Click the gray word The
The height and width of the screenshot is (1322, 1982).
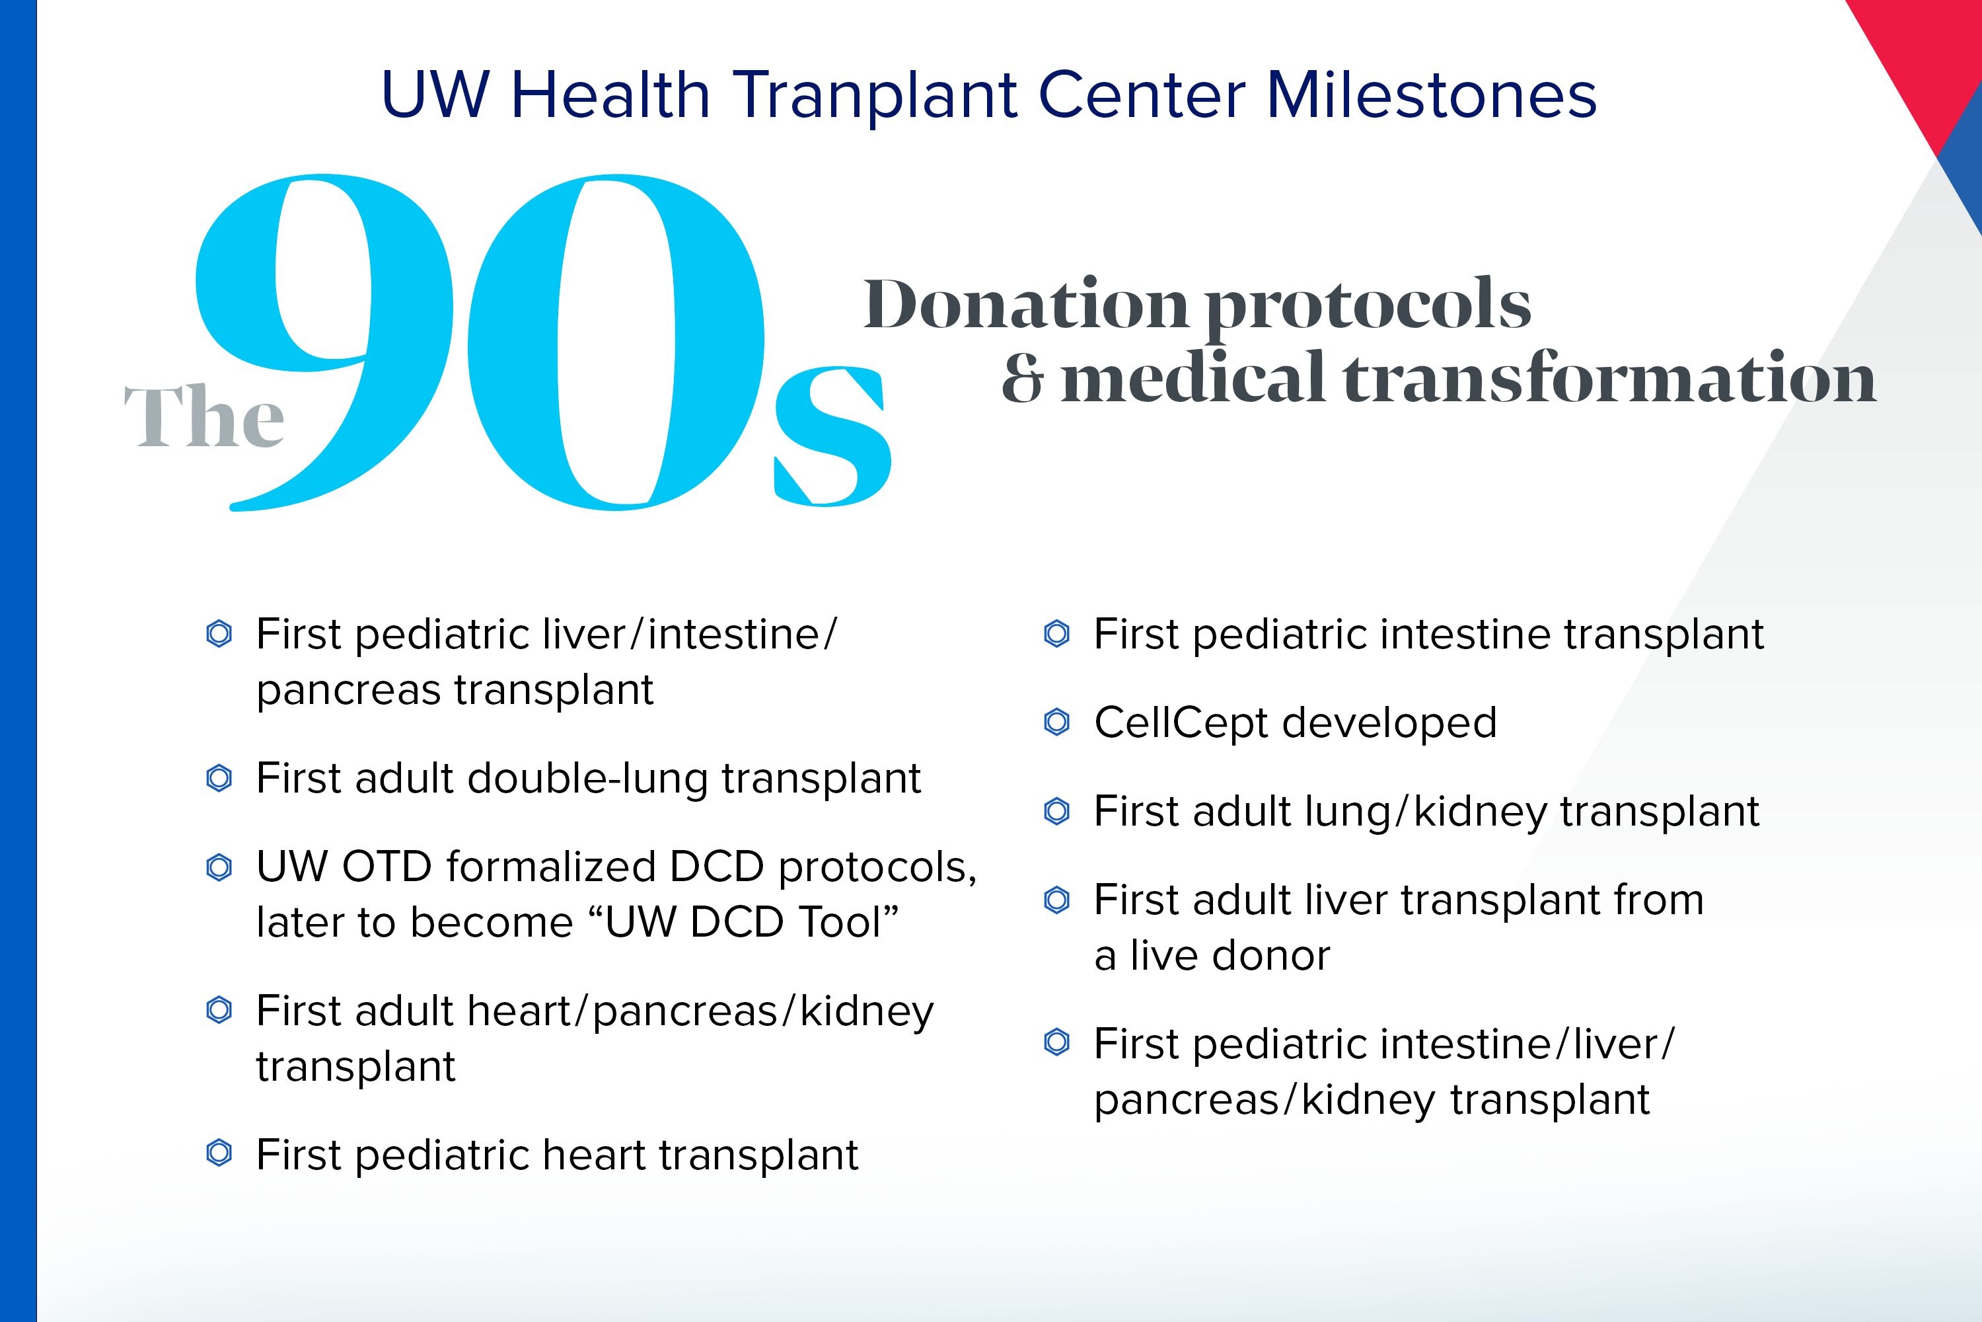[204, 416]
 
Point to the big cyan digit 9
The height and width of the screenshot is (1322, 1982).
[324, 342]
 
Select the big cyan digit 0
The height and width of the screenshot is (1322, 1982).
[616, 342]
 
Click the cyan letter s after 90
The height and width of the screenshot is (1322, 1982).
[832, 436]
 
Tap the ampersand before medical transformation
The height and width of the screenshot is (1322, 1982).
[1024, 377]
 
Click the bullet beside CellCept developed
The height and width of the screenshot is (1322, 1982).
[1056, 722]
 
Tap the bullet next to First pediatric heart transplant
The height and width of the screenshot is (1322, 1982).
[219, 1153]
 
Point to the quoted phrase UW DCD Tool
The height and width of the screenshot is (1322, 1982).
[745, 921]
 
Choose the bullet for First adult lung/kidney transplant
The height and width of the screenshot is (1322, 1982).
[1056, 811]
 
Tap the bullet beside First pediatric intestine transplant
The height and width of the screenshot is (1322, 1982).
[1056, 634]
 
